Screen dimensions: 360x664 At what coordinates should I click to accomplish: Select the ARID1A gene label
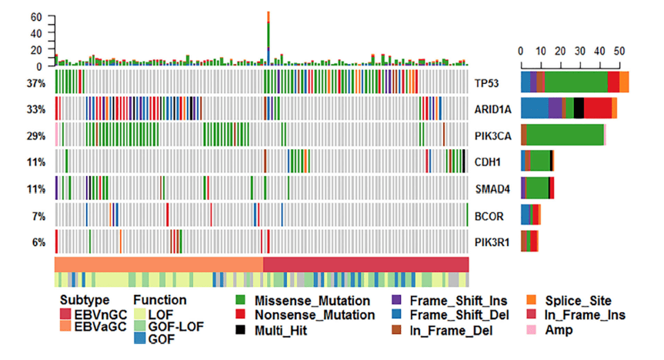coord(493,108)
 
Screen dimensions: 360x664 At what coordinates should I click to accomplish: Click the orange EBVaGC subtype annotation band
coord(158,263)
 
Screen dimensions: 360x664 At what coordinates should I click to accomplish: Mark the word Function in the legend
coord(159,300)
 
